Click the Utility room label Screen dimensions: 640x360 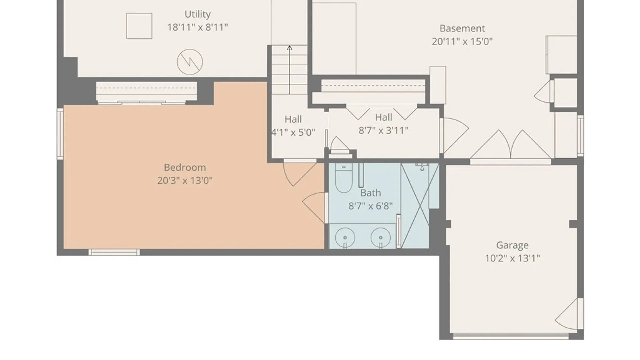[198, 14]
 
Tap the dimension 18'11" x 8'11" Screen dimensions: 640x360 [198, 27]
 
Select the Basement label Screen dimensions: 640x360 [462, 28]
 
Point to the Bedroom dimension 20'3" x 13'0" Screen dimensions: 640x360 [185, 181]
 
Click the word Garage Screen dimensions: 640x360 [512, 245]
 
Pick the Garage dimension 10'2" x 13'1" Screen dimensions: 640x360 [512, 258]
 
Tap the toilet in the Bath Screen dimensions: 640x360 [344, 178]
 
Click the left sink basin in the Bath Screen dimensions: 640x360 [345, 238]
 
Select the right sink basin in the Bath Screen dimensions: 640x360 [381, 238]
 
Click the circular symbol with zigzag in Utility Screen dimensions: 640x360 [190, 62]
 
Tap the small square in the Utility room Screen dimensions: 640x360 [139, 26]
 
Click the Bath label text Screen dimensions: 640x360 [371, 193]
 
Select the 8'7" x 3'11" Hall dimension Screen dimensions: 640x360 [383, 131]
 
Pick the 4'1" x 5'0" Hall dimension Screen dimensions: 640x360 [293, 133]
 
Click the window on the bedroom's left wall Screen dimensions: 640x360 [60, 134]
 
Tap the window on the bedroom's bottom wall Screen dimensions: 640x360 [114, 252]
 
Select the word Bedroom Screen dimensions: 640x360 [185, 167]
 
